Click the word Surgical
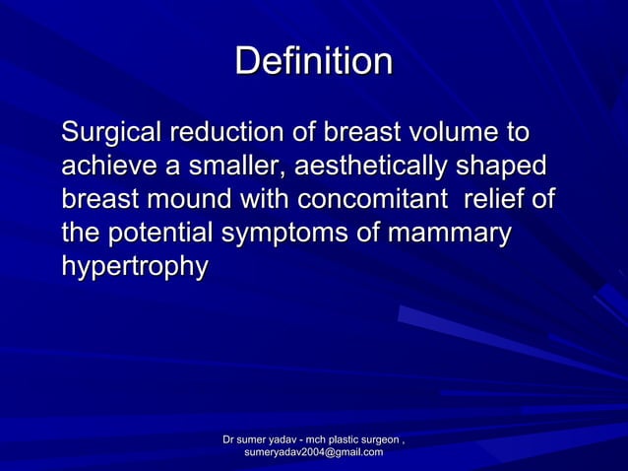click(111, 132)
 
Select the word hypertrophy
click(134, 267)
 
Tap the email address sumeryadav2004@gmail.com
click(313, 451)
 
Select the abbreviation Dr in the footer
click(229, 438)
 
